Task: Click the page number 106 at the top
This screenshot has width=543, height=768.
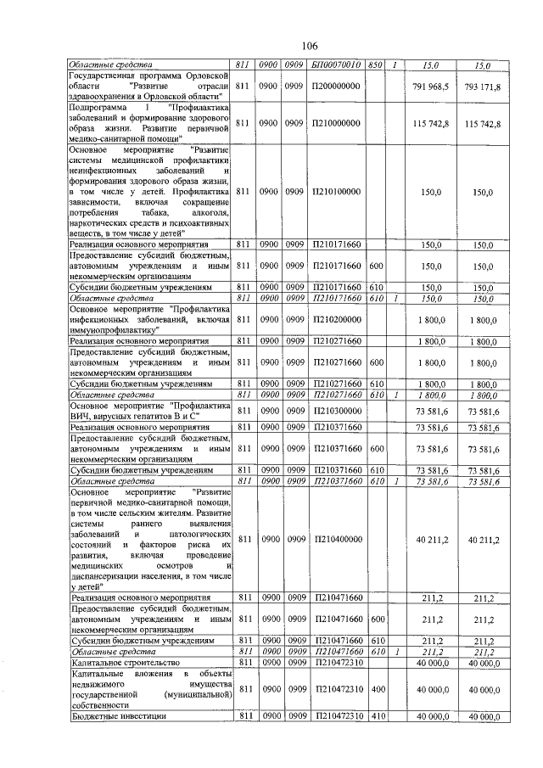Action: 309,46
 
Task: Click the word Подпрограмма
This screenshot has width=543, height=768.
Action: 101,109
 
